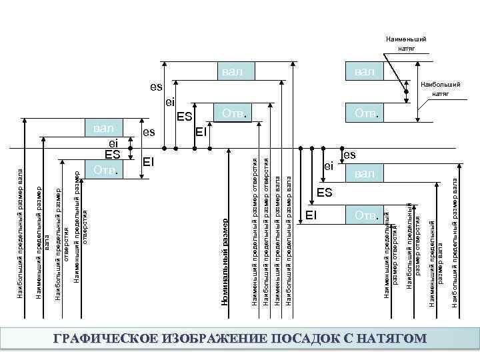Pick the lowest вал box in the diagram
[365, 173]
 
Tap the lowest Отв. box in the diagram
[365, 215]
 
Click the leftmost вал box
[104, 128]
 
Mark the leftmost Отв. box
[104, 170]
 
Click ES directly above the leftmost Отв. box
[112, 154]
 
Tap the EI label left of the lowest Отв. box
[311, 215]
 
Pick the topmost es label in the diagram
[155, 87]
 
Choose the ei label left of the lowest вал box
[328, 166]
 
